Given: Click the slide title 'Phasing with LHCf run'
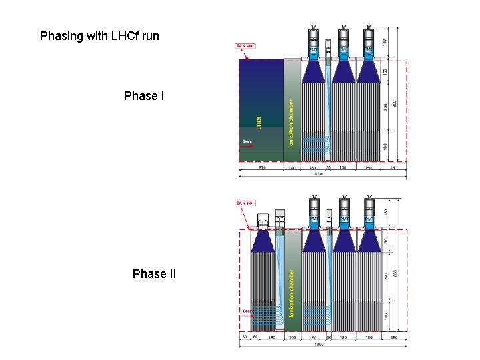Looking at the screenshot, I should pyautogui.click(x=99, y=35).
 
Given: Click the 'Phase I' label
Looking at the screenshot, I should pyautogui.click(x=144, y=96).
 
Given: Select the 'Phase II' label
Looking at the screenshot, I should pyautogui.click(x=154, y=273).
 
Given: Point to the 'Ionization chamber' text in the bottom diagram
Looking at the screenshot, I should pyautogui.click(x=292, y=293).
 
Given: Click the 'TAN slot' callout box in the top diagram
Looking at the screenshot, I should pyautogui.click(x=245, y=46).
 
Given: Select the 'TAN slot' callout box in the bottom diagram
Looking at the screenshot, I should pyautogui.click(x=245, y=203).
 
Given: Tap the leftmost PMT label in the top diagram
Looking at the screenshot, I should pyautogui.click(x=313, y=51).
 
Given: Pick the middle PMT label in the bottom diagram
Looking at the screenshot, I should pyautogui.click(x=344, y=219).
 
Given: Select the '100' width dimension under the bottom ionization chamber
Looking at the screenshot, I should pyautogui.click(x=292, y=337).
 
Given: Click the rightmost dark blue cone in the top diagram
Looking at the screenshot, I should pyautogui.click(x=369, y=71).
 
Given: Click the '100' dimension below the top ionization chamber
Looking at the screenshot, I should pyautogui.click(x=292, y=167).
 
